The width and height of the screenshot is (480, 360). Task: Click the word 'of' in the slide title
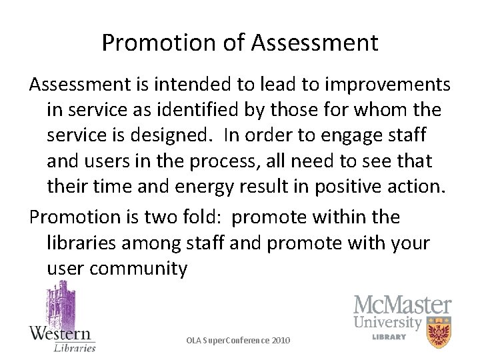236,43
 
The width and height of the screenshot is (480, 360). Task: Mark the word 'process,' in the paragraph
218,161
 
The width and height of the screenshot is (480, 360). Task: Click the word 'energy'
197,187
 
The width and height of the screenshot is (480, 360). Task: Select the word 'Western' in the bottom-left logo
61,333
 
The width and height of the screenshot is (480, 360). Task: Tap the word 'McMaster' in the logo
402,306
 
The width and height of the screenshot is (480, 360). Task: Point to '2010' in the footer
281,341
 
